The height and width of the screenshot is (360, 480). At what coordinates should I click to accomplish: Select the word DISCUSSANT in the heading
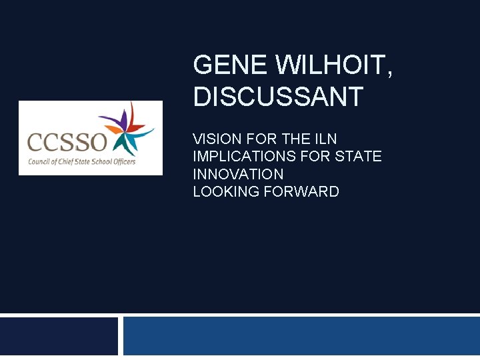pyautogui.click(x=278, y=97)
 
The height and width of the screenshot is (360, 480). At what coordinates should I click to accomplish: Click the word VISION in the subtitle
pyautogui.click(x=217, y=139)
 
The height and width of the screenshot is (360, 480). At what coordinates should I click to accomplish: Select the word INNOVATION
pyautogui.click(x=238, y=174)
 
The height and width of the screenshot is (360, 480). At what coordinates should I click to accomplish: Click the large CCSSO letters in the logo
pyautogui.click(x=67, y=142)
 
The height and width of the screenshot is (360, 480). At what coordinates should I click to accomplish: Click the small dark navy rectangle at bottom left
pyautogui.click(x=59, y=337)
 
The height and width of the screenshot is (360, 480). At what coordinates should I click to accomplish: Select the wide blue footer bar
pyautogui.click(x=301, y=337)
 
